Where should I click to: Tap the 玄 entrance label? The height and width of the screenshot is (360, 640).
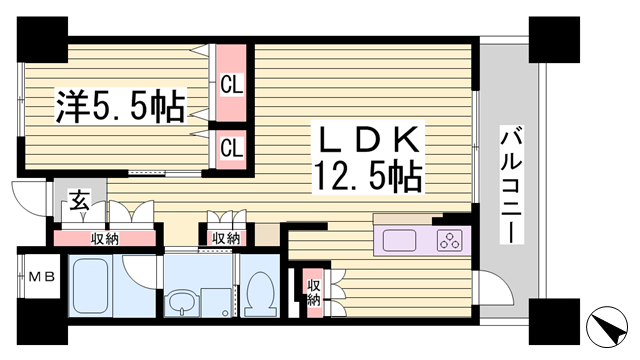pos(77,203)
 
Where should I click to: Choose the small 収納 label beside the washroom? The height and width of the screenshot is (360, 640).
pos(226,238)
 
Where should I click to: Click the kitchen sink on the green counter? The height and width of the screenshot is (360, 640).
pos(399,240)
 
